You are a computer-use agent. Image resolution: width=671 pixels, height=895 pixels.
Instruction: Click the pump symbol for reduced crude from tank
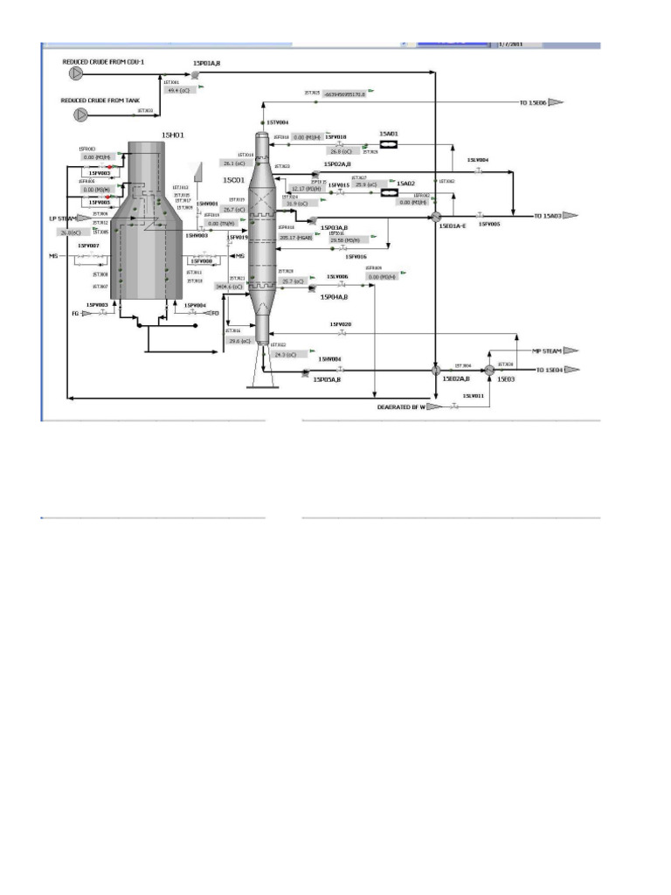80,114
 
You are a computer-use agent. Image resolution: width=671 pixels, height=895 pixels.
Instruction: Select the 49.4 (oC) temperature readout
177,90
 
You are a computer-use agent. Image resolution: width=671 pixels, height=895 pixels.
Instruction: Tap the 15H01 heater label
173,134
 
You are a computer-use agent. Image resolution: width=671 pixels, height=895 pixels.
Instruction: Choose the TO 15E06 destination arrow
555,102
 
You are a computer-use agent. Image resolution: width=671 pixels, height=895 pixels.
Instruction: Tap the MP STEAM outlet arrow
571,350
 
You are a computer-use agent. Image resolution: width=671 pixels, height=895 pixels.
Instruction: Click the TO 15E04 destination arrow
572,371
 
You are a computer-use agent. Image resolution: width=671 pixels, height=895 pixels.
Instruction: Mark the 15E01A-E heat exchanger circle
437,215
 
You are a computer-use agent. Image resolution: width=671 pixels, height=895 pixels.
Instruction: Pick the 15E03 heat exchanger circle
490,371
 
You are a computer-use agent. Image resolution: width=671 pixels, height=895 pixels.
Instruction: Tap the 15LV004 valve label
478,160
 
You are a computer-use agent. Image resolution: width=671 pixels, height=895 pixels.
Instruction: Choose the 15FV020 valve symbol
342,334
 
